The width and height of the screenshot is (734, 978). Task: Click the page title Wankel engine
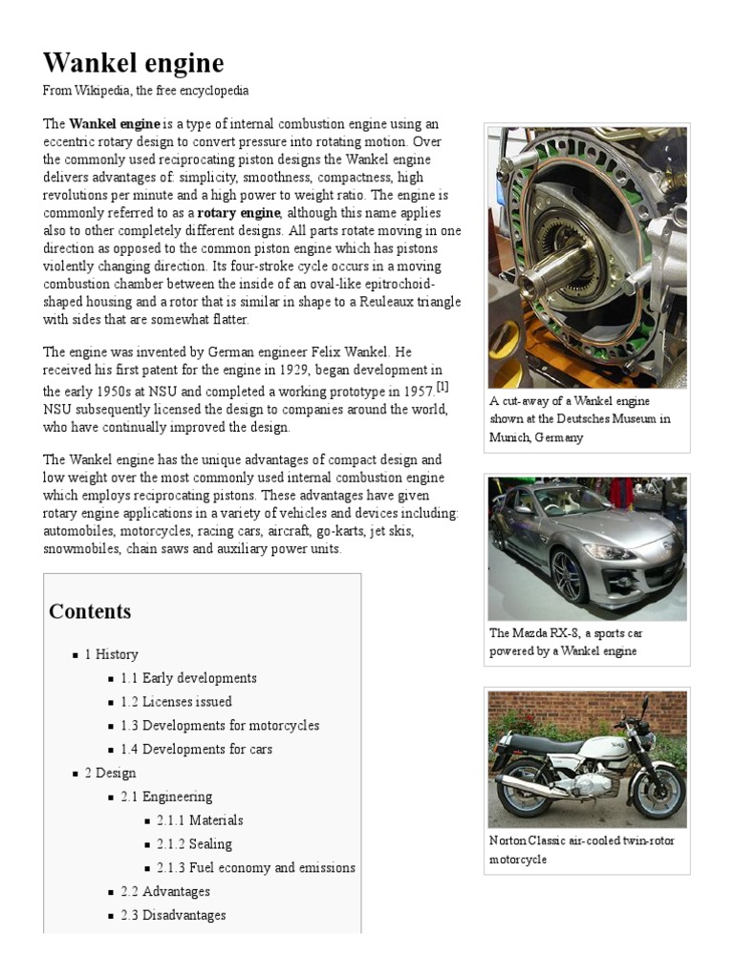(133, 63)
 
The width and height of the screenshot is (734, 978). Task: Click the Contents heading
(90, 611)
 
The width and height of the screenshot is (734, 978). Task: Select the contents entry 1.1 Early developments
(188, 678)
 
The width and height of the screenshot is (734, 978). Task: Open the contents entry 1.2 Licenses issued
(176, 702)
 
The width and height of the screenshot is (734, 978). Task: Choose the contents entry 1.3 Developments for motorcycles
(220, 726)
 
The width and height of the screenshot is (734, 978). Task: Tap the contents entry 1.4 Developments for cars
(196, 750)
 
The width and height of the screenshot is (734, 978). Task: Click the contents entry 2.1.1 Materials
(200, 820)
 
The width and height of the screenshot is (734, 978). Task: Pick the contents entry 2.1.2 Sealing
(194, 844)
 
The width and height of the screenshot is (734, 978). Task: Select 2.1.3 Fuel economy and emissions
(255, 868)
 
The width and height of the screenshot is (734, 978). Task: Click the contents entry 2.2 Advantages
(165, 892)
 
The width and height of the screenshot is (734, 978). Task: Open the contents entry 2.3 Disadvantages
(173, 916)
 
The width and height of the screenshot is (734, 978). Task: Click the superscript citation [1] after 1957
(443, 386)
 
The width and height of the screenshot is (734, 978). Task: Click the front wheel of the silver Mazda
(568, 576)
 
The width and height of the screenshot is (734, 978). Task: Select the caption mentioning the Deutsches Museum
(580, 419)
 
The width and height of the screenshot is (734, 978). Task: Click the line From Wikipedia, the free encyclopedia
(145, 91)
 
